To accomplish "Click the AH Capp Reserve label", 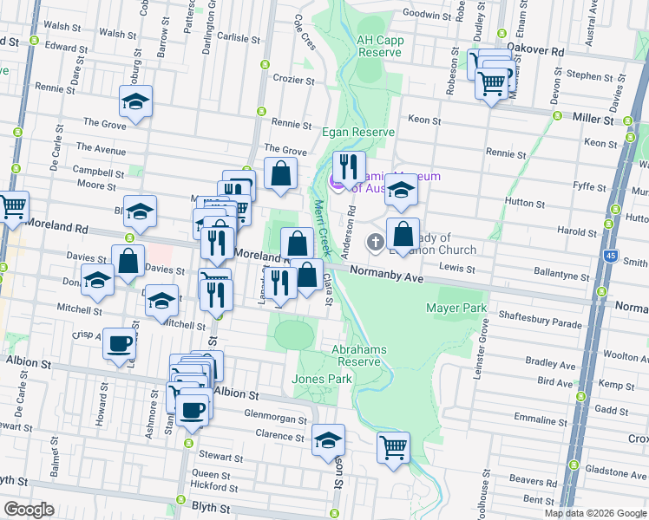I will point(379,46).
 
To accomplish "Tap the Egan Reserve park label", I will point(358,132).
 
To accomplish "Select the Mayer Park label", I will point(456,308).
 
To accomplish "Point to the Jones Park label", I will point(322,379).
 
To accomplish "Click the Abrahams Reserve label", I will point(358,355).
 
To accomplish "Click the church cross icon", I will point(375,242).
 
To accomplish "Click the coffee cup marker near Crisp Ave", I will point(120,343).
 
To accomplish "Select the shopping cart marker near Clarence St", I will point(394,448).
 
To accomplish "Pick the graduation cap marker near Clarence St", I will point(328,440).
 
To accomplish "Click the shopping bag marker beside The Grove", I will point(281,172).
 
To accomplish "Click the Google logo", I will point(29,510).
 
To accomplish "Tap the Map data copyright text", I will point(595,513).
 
